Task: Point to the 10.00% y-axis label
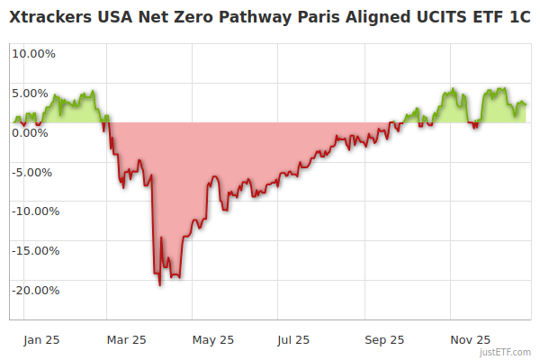click(33, 53)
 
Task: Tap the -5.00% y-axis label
click(34, 172)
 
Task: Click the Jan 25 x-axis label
click(41, 340)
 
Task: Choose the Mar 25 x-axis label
click(126, 340)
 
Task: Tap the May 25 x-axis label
click(213, 340)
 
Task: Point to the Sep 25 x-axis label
click(385, 340)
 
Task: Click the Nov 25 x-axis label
click(470, 340)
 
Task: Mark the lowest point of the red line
click(160, 285)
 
